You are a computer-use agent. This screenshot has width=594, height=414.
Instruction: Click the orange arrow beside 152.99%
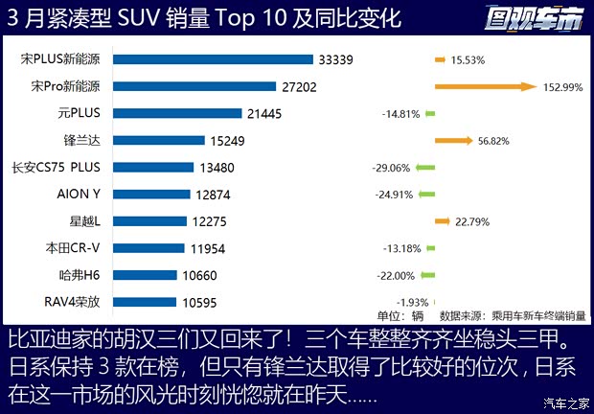pos(484,86)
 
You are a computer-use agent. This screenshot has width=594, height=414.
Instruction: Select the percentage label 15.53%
pos(468,60)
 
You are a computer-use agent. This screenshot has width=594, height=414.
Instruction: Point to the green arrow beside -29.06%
pos(424,168)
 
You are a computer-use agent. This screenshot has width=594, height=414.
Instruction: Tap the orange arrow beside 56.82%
pos(452,141)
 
